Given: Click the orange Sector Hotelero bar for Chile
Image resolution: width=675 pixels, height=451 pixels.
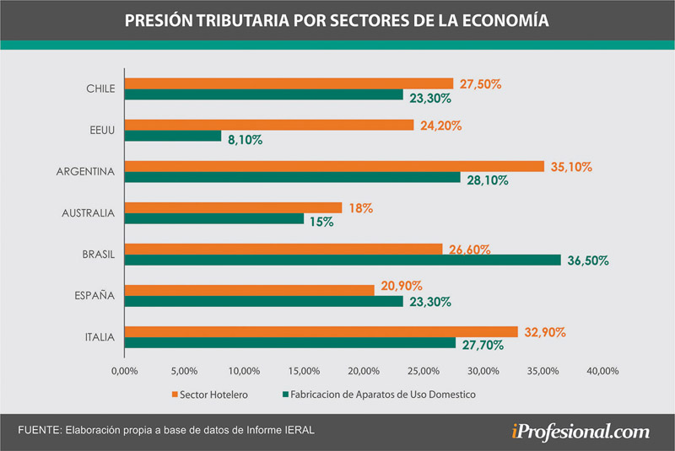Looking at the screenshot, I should pos(289,83).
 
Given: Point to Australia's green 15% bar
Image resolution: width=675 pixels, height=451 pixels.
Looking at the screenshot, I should pos(214,218).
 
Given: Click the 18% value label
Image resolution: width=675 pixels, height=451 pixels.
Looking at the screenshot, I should pos(360,207).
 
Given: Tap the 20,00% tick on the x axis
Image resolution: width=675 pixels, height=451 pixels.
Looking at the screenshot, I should pos(364,371).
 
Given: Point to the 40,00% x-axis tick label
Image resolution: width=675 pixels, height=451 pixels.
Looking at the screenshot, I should pos(602,371).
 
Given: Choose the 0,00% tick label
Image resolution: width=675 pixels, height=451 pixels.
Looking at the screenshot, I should pos(125,371).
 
